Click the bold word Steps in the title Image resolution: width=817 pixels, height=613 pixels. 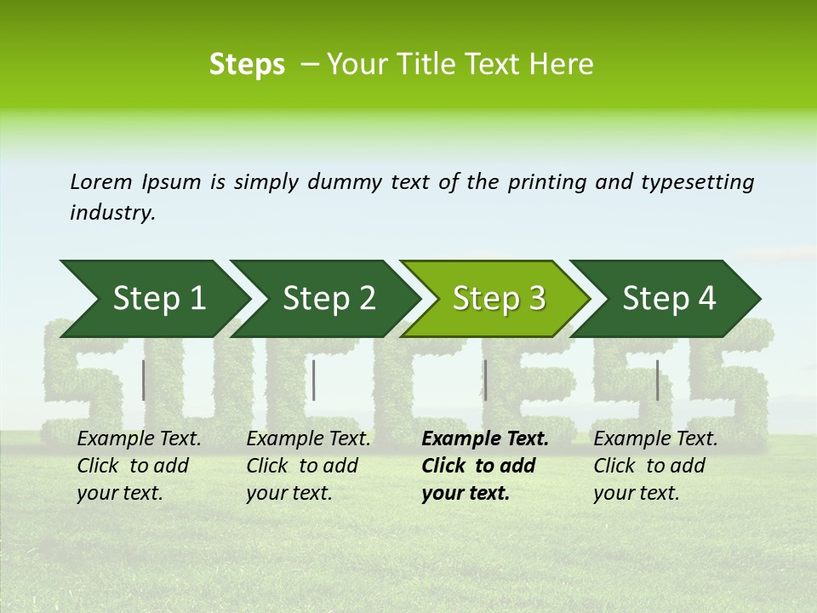click(x=247, y=65)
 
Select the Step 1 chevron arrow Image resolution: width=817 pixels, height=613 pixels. click(x=153, y=299)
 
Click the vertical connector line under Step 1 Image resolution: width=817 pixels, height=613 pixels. click(x=144, y=380)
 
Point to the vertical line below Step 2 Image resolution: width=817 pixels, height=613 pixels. click(x=314, y=380)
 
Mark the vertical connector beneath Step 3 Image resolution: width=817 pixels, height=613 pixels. click(x=485, y=380)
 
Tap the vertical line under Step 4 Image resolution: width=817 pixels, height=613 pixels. click(x=657, y=380)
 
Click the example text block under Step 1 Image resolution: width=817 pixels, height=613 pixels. click(x=139, y=466)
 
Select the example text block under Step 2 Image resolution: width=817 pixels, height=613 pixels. click(x=308, y=466)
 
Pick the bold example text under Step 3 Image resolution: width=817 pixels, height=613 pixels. click(x=484, y=466)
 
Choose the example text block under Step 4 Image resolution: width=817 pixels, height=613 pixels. click(x=655, y=466)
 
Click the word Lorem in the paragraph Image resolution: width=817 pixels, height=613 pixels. click(x=100, y=181)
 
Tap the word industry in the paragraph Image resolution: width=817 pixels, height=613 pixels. click(x=111, y=213)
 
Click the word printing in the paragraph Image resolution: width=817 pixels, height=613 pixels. click(x=547, y=182)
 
